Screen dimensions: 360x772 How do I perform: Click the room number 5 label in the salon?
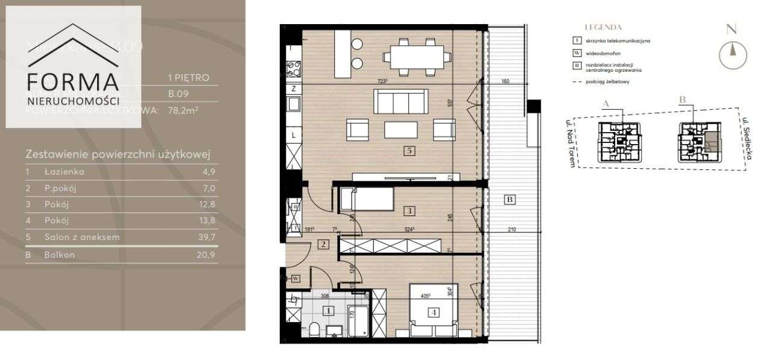[x=410, y=151]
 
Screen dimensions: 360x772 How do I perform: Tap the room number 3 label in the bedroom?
[x=410, y=211]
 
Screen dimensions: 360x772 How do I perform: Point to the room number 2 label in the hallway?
[x=323, y=244]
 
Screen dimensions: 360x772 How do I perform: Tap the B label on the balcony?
[x=510, y=200]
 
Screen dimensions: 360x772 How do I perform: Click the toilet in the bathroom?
[x=314, y=329]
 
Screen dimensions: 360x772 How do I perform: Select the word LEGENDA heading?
[x=603, y=28]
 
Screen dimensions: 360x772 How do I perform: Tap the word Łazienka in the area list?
[x=65, y=172]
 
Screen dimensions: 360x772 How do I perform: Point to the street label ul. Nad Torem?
[x=568, y=144]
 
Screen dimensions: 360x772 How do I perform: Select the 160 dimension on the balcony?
[x=505, y=81]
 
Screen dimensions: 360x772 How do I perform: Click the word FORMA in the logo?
[x=73, y=83]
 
